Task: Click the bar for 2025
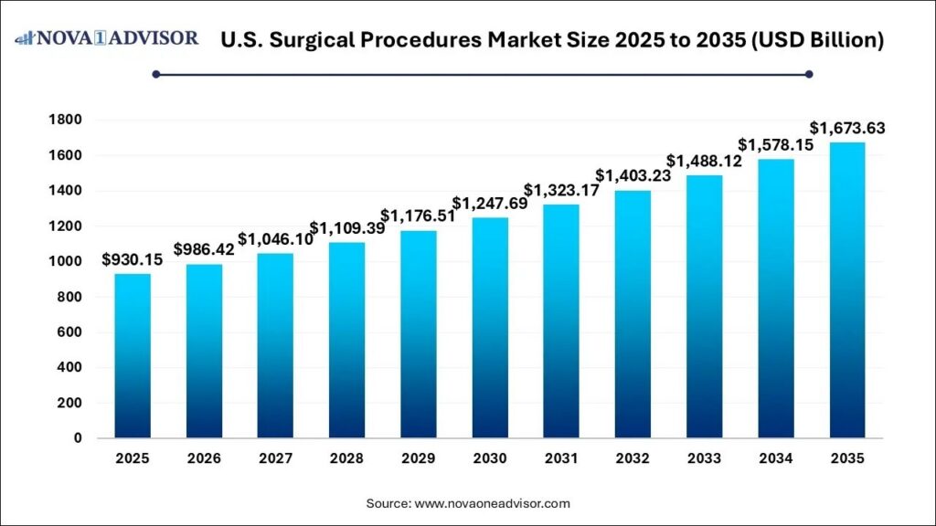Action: click(x=133, y=356)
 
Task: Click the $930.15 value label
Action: click(x=133, y=260)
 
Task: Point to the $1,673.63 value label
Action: click(x=846, y=128)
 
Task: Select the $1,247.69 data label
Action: click(x=489, y=203)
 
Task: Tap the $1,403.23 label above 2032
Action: click(x=632, y=175)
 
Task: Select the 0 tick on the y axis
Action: click(x=78, y=438)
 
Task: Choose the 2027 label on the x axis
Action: click(x=275, y=459)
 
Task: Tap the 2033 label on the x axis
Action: click(x=703, y=459)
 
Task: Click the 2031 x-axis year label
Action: click(x=560, y=459)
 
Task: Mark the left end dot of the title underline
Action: click(x=156, y=74)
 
